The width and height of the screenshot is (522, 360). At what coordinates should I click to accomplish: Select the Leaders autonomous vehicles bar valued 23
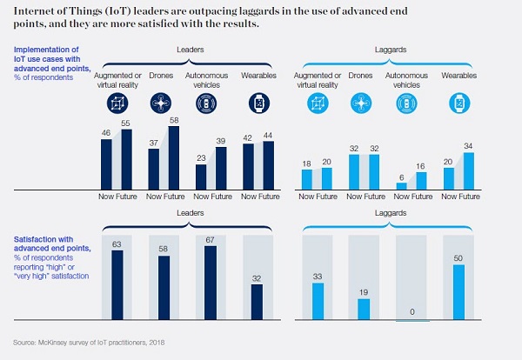201,177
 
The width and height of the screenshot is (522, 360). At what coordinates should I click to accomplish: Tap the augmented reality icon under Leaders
117,103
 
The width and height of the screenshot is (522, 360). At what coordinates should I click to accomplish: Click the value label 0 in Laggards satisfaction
412,311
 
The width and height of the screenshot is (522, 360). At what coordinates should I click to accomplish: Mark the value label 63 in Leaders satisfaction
117,245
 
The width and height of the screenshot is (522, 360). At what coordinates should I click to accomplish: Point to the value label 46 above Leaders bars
107,134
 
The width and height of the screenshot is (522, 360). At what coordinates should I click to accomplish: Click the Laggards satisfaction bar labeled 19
364,310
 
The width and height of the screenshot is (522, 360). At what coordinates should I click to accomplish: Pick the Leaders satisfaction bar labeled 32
257,302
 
